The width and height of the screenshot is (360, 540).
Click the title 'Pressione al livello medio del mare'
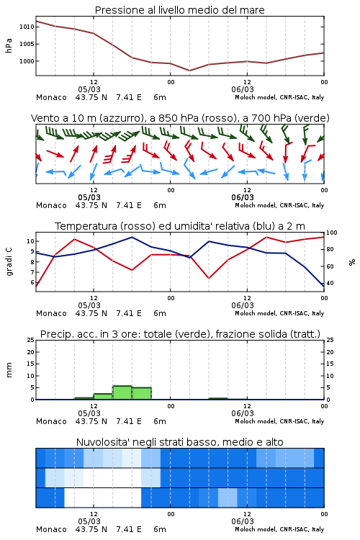pyautogui.click(x=179, y=10)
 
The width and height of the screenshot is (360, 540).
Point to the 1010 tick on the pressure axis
pyautogui.click(x=27, y=27)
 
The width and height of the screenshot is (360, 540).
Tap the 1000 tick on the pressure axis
pyautogui.click(x=27, y=61)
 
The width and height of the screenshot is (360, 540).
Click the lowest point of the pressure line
pyautogui.click(x=189, y=71)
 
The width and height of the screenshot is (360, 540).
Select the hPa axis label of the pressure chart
pyautogui.click(x=9, y=46)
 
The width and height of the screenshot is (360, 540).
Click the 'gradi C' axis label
pyautogui.click(x=9, y=262)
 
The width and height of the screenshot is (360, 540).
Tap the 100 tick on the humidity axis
pyautogui.click(x=332, y=233)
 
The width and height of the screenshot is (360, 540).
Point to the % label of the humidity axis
pyautogui.click(x=352, y=262)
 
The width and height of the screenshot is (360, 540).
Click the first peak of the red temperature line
pyautogui.click(x=75, y=239)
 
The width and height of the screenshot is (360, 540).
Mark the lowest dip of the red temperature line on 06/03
pyautogui.click(x=209, y=278)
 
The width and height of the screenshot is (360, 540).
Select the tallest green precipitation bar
pyautogui.click(x=122, y=392)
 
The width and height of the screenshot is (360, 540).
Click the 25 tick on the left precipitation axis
pyautogui.click(x=31, y=340)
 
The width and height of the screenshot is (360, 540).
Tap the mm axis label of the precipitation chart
pyautogui.click(x=9, y=370)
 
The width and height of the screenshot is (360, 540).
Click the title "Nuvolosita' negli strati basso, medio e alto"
pyautogui.click(x=179, y=442)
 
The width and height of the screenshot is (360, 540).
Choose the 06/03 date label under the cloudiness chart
pyautogui.click(x=243, y=521)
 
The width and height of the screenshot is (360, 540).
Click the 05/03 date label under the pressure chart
pyautogui.click(x=89, y=89)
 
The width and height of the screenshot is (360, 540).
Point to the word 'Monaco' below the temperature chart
pyautogui.click(x=51, y=313)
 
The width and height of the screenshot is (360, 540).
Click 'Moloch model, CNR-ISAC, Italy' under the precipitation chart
pyautogui.click(x=279, y=421)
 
